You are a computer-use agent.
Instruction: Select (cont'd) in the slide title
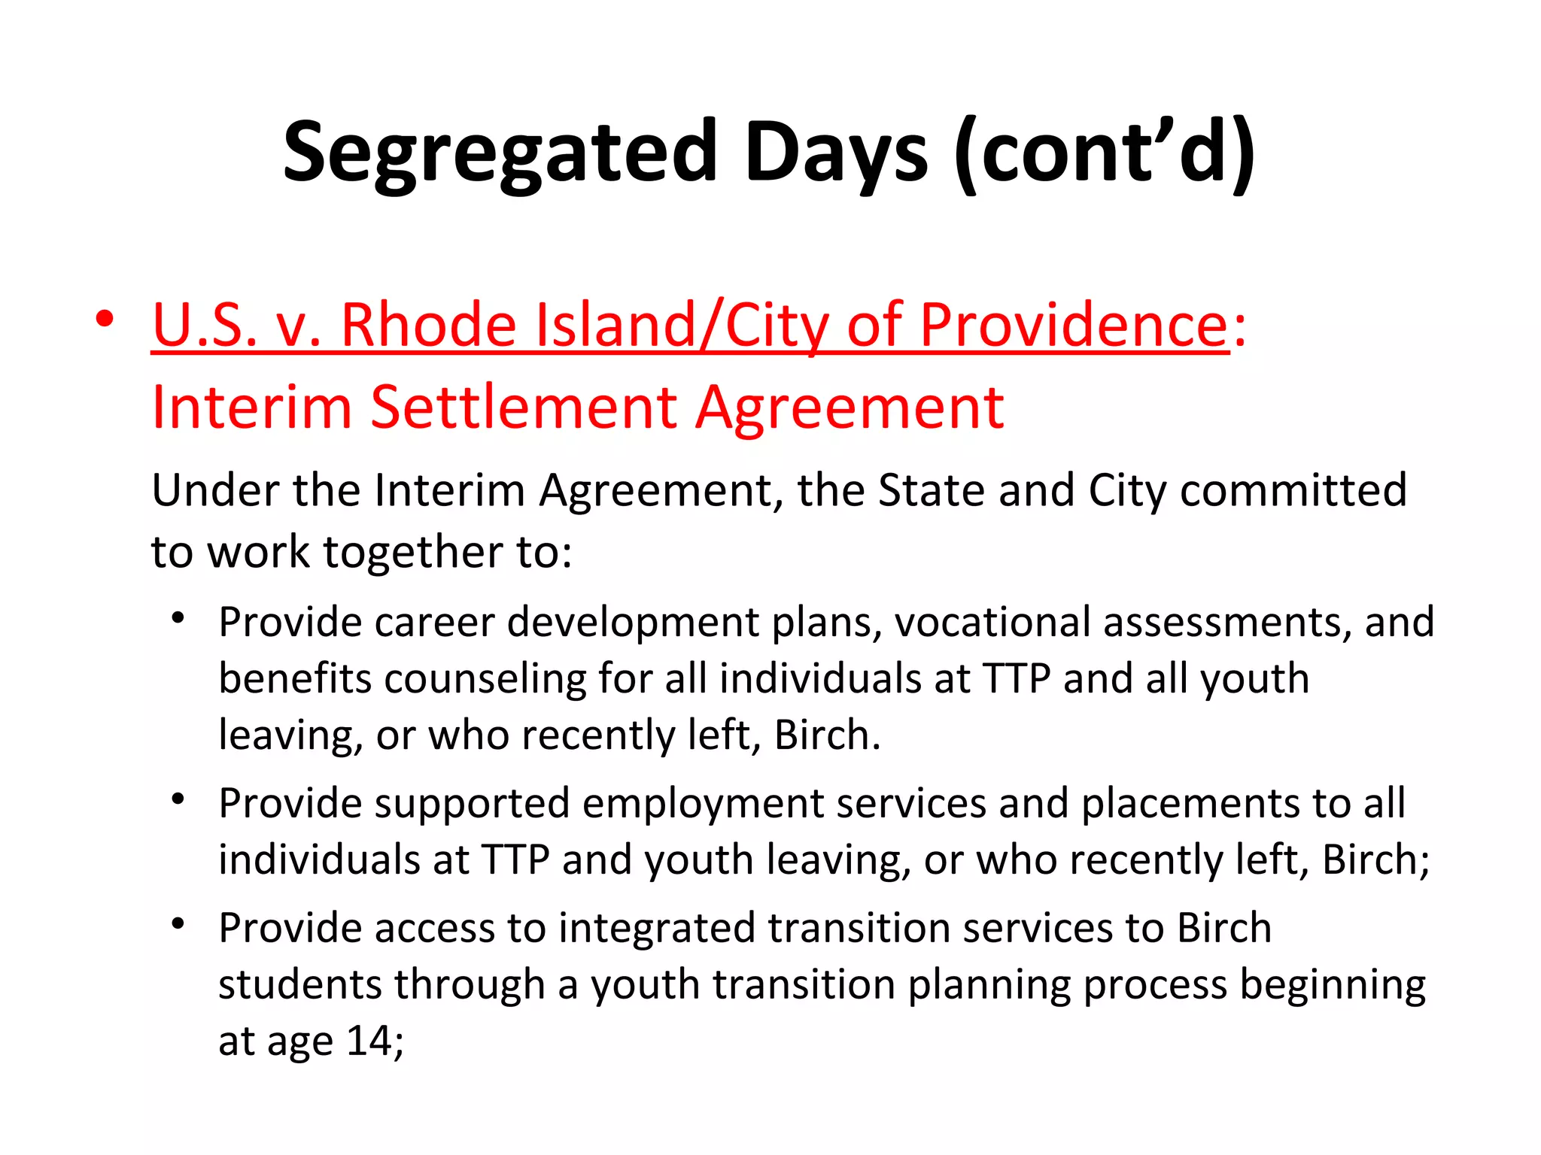click(x=1104, y=153)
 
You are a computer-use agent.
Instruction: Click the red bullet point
click(x=105, y=319)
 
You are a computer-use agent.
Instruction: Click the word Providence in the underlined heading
click(x=1074, y=325)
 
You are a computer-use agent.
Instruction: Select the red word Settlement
click(x=524, y=408)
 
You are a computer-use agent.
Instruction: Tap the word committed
click(x=1293, y=490)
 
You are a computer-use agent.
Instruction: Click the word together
click(x=413, y=552)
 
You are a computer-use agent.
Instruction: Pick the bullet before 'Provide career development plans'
click(x=178, y=619)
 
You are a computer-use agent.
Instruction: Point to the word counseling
click(x=485, y=678)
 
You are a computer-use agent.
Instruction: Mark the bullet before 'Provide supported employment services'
click(x=178, y=799)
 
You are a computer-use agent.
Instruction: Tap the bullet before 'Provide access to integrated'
click(x=178, y=924)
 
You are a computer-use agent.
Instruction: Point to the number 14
click(x=369, y=1041)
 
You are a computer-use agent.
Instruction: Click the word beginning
click(x=1332, y=985)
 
